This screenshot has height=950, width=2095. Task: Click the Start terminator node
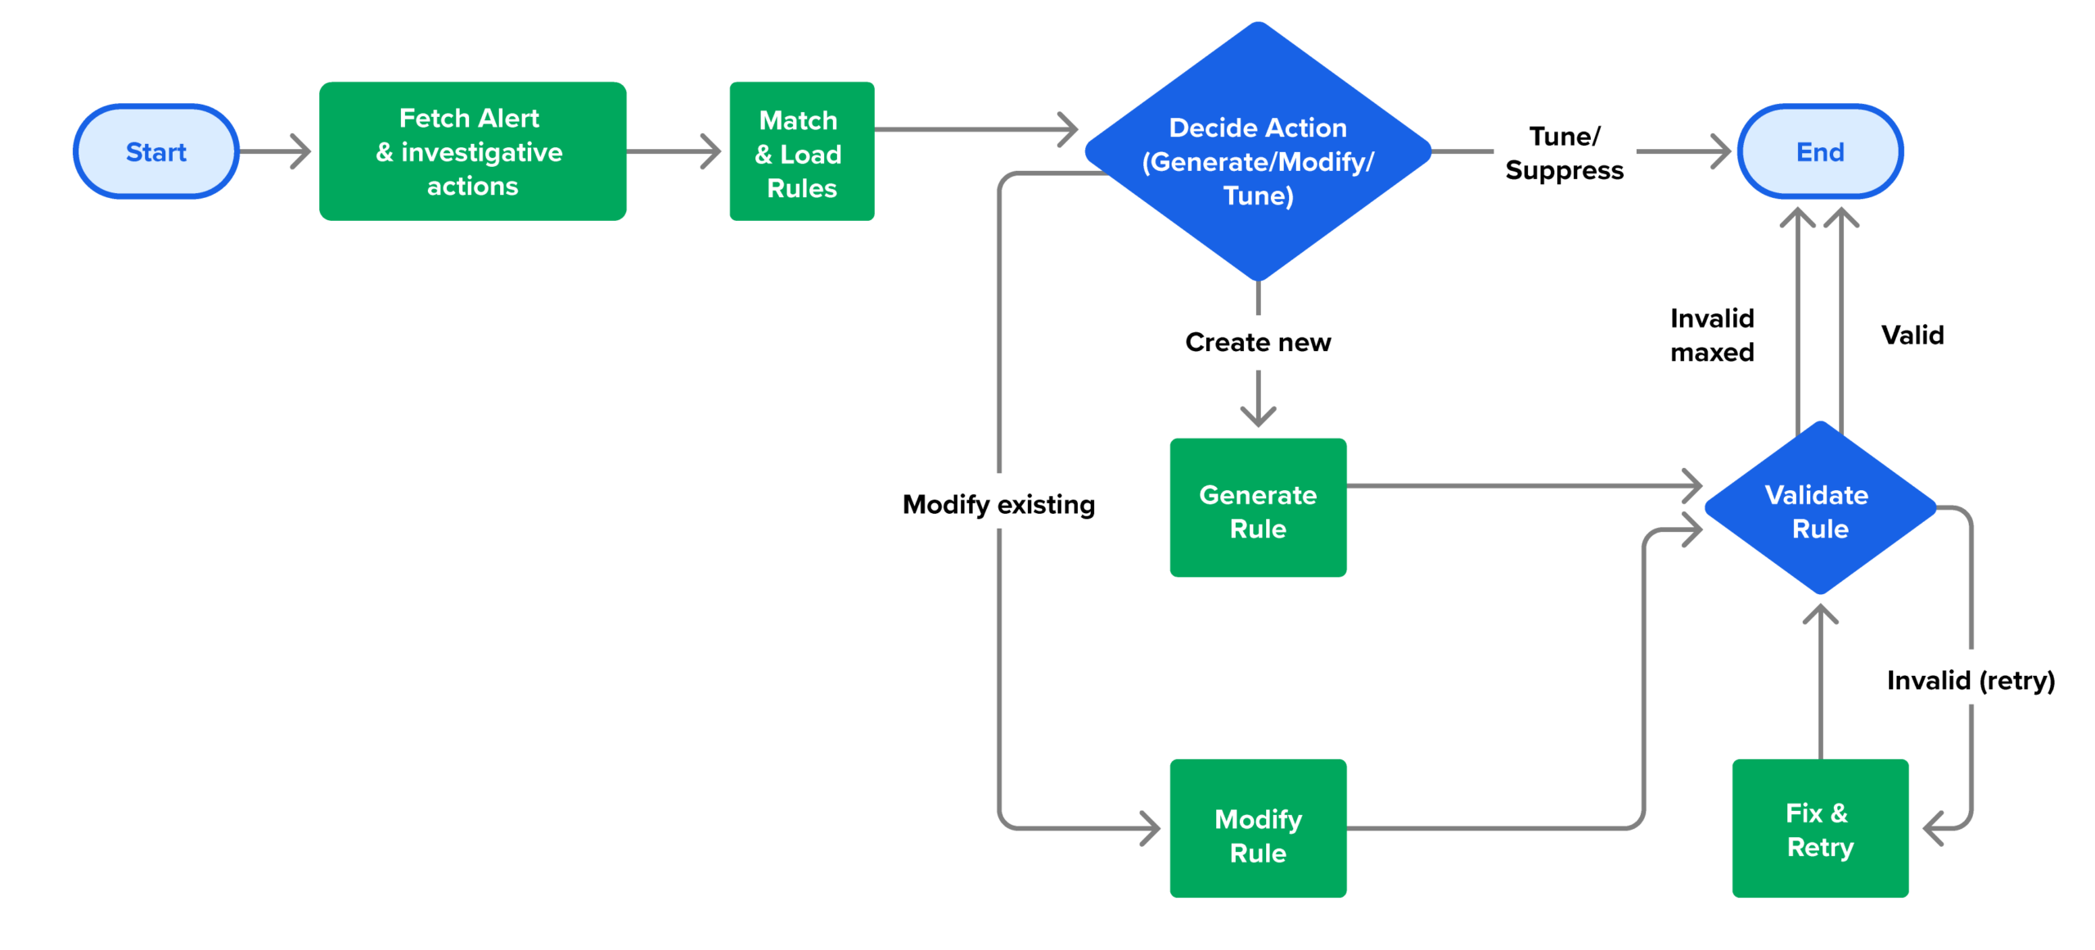point(155,151)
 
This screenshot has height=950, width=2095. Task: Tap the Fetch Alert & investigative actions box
point(471,151)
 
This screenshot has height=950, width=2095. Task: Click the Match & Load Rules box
point(800,151)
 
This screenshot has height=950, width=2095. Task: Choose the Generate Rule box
point(1257,507)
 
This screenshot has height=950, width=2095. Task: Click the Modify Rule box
point(1257,828)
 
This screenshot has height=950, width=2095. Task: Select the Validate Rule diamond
point(1818,509)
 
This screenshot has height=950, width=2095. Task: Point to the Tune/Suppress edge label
point(1563,153)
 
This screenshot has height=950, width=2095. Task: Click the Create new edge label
point(1257,342)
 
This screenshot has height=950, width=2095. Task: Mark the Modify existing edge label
point(998,504)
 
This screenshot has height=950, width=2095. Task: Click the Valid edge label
point(1911,335)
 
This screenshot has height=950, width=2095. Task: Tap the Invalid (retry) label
point(1970,680)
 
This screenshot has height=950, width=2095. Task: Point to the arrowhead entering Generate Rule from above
point(1257,417)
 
